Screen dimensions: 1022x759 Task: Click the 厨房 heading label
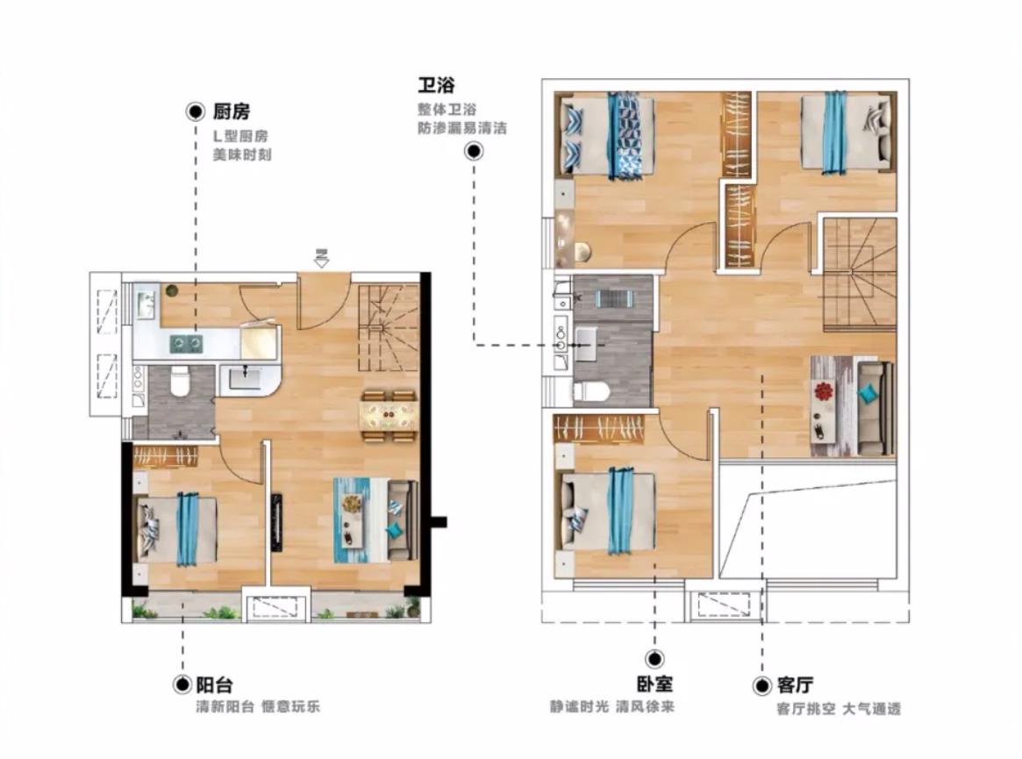232,112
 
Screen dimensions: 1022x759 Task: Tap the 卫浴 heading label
436,85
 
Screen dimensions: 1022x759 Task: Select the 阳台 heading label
214,685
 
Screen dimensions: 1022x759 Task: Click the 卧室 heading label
654,684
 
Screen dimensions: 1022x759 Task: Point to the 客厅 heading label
795,685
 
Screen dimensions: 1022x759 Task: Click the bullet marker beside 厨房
195,112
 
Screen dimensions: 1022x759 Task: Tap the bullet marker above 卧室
654,659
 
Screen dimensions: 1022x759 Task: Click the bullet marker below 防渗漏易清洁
474,151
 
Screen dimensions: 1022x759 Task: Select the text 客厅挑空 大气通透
839,709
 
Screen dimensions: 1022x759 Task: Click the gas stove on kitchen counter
186,343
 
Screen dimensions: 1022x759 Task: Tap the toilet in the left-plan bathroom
179,381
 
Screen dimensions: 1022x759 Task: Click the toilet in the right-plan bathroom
590,391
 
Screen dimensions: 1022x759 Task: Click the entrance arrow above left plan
321,258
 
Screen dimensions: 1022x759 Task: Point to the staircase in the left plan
389,327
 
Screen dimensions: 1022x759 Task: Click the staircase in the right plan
860,275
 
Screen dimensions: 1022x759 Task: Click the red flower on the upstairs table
823,391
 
